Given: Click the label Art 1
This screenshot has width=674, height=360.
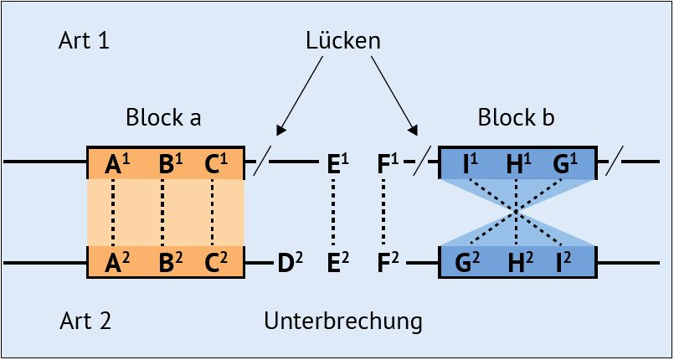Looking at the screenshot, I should pyautogui.click(x=84, y=41).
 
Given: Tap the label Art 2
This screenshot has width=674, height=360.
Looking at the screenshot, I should pyautogui.click(x=85, y=321).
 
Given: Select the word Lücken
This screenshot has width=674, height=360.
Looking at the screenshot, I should pyautogui.click(x=342, y=41).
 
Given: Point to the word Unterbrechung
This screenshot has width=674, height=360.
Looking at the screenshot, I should pyautogui.click(x=342, y=321).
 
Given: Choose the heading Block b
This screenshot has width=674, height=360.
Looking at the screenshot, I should pyautogui.click(x=516, y=117).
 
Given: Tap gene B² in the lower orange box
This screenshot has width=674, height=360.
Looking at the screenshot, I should pyautogui.click(x=170, y=263).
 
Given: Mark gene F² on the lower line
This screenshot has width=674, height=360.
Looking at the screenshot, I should pyautogui.click(x=388, y=264).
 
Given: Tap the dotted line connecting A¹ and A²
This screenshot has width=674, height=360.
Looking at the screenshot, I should pyautogui.click(x=112, y=213).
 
